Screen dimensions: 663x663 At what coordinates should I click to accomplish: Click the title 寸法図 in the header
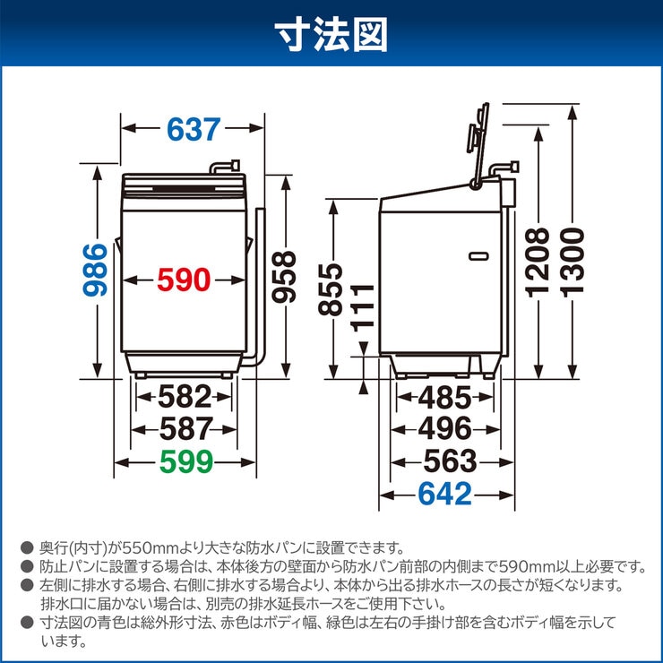[331, 35]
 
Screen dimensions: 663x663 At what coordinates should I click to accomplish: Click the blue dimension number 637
[193, 129]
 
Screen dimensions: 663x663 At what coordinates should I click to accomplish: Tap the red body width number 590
[184, 280]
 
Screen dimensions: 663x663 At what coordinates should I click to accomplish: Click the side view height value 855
[331, 289]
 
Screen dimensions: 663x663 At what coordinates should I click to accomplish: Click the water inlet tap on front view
[223, 167]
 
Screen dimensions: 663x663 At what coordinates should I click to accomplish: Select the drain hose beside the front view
[261, 287]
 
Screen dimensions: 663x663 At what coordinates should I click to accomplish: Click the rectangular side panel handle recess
[479, 254]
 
